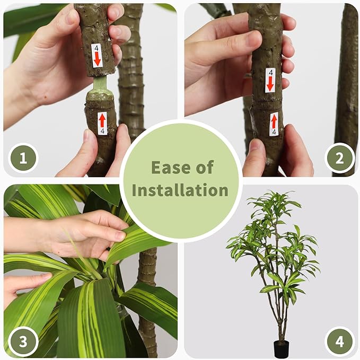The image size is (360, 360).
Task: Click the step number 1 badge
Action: (23, 158)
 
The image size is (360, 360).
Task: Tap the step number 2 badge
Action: (339, 158)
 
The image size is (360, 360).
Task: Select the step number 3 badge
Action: (23, 341)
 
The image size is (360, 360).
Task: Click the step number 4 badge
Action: (339, 341)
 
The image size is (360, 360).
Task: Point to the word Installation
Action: (180, 190)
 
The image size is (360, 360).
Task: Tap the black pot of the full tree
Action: (281, 349)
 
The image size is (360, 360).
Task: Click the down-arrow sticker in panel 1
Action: (96, 56)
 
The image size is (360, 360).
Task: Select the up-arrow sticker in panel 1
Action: (102, 123)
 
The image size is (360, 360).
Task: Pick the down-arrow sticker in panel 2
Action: (270, 80)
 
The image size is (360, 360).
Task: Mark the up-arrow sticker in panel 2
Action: (274, 124)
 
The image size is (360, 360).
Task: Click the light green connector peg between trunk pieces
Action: (101, 85)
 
